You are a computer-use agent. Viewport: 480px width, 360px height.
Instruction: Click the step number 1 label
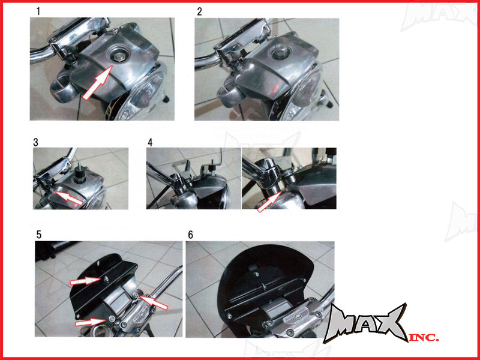pyautogui.click(x=38, y=11)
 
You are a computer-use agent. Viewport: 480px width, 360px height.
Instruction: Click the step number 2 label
pyautogui.click(x=200, y=11)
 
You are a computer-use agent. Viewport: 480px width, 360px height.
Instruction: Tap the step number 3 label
pyautogui.click(x=36, y=142)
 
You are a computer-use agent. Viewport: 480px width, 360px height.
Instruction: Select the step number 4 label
pyautogui.click(x=149, y=142)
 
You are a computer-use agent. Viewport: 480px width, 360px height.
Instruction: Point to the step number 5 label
pyautogui.click(x=39, y=235)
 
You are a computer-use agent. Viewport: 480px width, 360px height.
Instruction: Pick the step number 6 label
pyautogui.click(x=190, y=235)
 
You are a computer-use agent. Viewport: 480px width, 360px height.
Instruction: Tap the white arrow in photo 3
pyautogui.click(x=68, y=197)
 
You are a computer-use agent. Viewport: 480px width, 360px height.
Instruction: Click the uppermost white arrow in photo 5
pyautogui.click(x=85, y=280)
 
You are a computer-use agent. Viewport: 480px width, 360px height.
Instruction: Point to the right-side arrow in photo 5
pyautogui.click(x=154, y=302)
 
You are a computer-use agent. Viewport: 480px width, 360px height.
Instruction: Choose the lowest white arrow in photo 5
pyautogui.click(x=91, y=322)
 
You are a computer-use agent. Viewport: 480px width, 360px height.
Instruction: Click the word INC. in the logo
pyautogui.click(x=424, y=337)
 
